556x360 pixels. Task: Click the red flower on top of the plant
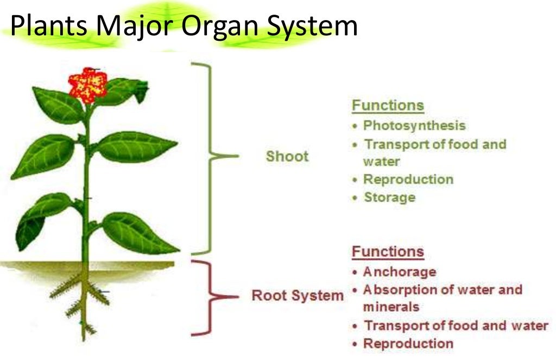click(x=87, y=84)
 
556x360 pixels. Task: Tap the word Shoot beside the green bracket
click(x=287, y=156)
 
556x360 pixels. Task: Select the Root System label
click(x=298, y=296)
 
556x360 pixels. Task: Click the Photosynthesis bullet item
click(x=414, y=125)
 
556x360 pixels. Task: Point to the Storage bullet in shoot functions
click(x=389, y=197)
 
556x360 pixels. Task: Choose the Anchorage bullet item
click(x=399, y=271)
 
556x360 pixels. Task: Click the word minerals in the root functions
click(x=391, y=307)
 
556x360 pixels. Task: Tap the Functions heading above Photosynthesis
click(x=388, y=105)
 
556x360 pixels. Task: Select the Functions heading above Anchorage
click(x=388, y=252)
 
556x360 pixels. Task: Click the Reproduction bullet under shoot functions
click(x=408, y=179)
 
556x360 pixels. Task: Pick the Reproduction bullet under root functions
click(x=408, y=343)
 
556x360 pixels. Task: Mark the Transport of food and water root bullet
click(x=456, y=325)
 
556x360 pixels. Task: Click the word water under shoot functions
click(x=381, y=162)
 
